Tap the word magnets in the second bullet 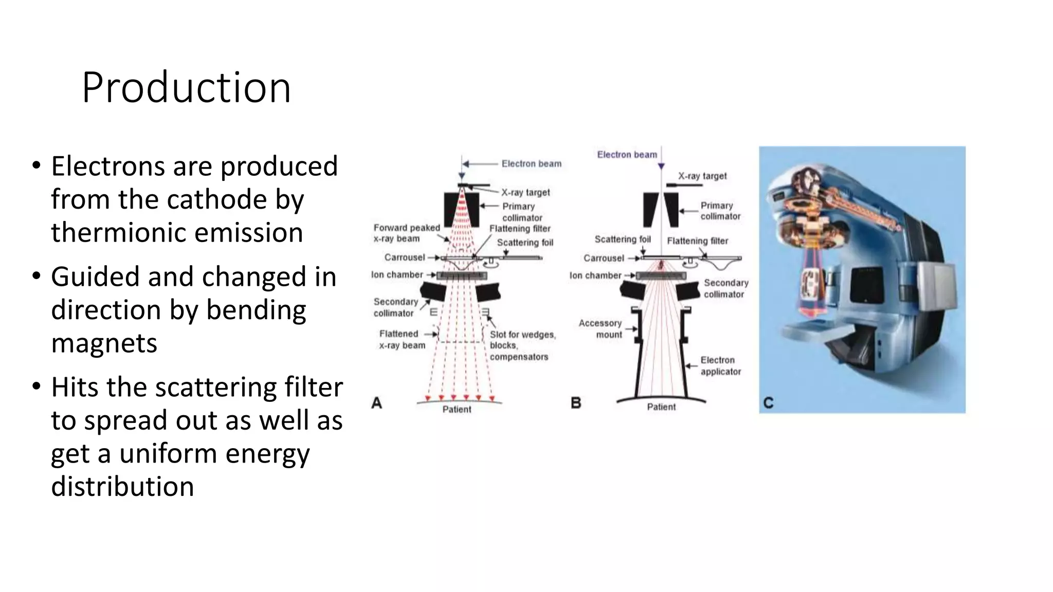[104, 343]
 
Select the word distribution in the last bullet [122, 486]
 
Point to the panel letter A [376, 403]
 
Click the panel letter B [576, 403]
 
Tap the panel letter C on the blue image [768, 403]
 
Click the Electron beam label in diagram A [531, 164]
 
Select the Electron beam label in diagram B [627, 155]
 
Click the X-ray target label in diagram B [702, 176]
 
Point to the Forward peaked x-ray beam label [406, 233]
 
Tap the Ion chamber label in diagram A [397, 275]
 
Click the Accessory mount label [601, 329]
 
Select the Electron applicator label [720, 366]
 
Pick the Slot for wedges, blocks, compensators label [522, 346]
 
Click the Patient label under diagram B [661, 407]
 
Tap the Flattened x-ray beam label [402, 340]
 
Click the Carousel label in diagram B [604, 258]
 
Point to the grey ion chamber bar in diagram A [462, 276]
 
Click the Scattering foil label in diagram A [525, 243]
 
